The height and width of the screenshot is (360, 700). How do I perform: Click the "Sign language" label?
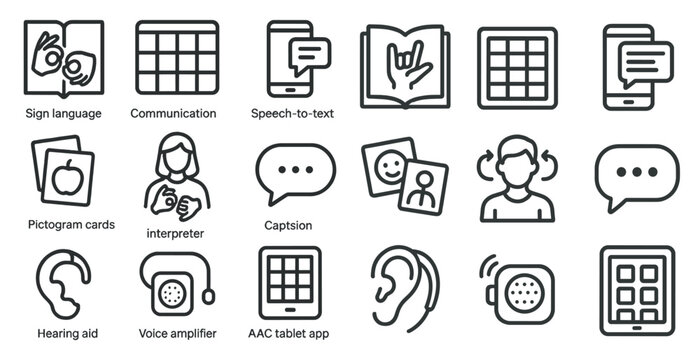64,113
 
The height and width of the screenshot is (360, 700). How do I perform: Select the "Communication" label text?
173,113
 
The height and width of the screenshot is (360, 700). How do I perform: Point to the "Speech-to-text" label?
292,113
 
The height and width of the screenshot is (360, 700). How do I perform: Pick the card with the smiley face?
388,164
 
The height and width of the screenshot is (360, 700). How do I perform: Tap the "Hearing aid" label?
65,333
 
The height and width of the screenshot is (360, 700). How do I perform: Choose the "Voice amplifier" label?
174,333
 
